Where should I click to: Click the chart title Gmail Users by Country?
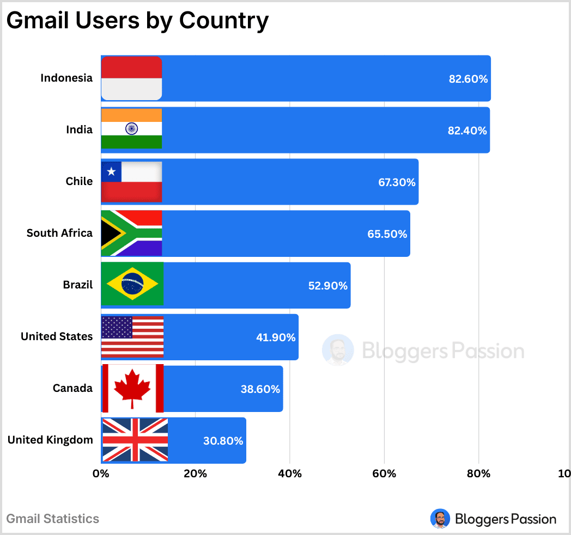pos(137,21)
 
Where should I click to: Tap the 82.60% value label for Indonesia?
pos(468,79)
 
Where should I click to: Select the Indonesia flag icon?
pos(132,78)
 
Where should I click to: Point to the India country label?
pos(80,130)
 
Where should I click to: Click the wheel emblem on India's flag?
pos(131,128)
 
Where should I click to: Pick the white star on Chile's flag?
pos(112,172)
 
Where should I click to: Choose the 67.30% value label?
pos(397,182)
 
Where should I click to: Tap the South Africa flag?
pos(132,233)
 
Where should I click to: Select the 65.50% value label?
pos(387,234)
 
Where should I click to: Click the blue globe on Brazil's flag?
pos(132,284)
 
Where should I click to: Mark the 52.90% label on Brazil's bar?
pos(328,286)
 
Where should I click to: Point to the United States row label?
pos(57,336)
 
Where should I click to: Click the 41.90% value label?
pos(276,337)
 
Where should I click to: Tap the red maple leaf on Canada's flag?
pos(132,387)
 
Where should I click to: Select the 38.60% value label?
pos(260,389)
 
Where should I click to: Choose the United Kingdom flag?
pos(135,440)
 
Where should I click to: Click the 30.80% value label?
pos(223,441)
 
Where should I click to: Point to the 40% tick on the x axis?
pos(290,473)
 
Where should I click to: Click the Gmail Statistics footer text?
pos(53,519)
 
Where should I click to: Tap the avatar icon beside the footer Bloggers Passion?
pos(440,519)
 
